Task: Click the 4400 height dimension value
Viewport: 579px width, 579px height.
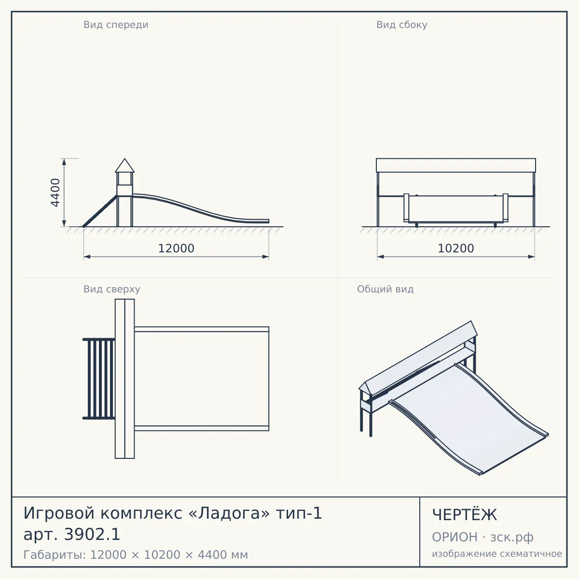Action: pos(55,193)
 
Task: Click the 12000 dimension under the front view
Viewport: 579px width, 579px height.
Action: pos(176,248)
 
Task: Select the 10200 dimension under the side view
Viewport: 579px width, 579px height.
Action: pos(456,248)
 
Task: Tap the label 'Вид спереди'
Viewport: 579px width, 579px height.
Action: pos(116,25)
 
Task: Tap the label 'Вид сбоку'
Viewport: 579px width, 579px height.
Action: pos(402,25)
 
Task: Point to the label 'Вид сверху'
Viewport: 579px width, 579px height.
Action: pos(112,289)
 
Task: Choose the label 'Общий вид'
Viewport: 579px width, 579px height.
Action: pos(385,289)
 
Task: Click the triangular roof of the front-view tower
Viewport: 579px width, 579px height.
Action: pos(124,166)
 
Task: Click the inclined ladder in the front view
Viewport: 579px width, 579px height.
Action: pos(100,211)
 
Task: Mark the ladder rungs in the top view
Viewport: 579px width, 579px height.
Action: pos(99,379)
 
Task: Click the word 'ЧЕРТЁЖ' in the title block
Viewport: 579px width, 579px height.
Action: pos(465,515)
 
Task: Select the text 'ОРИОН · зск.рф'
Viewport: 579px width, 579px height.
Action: pos(482,537)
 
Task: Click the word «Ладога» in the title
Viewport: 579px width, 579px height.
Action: pos(229,513)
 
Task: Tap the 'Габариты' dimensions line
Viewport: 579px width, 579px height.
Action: pos(136,555)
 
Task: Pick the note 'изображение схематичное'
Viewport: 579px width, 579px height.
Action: pos(497,553)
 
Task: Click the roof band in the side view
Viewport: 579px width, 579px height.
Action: pos(456,165)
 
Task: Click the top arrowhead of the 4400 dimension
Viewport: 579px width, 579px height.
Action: pos(64,162)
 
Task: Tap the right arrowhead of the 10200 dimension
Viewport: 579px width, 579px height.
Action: pos(531,257)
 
